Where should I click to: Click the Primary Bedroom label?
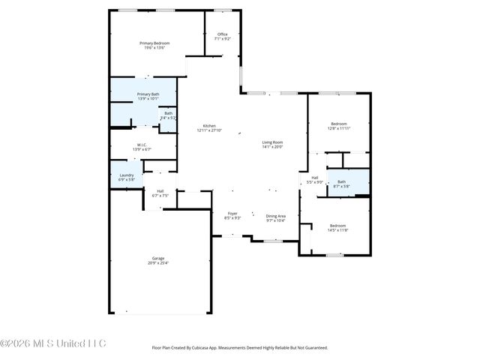click(x=154, y=43)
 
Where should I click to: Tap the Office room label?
click(x=222, y=34)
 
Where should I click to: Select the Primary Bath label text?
click(x=148, y=94)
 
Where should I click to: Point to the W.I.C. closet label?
click(x=141, y=145)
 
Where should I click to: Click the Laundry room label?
click(x=126, y=175)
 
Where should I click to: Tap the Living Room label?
click(x=272, y=142)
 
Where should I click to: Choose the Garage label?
click(x=158, y=258)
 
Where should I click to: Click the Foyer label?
click(x=232, y=214)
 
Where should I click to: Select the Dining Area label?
click(x=276, y=216)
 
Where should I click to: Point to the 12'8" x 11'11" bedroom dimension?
click(x=339, y=128)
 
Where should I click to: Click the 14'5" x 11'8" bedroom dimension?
click(x=339, y=230)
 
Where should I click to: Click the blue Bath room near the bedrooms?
click(x=341, y=182)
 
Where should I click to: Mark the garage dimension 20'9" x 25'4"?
click(x=158, y=263)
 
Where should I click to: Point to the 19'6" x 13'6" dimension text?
click(x=154, y=49)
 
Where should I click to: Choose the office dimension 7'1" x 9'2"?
click(x=222, y=39)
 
